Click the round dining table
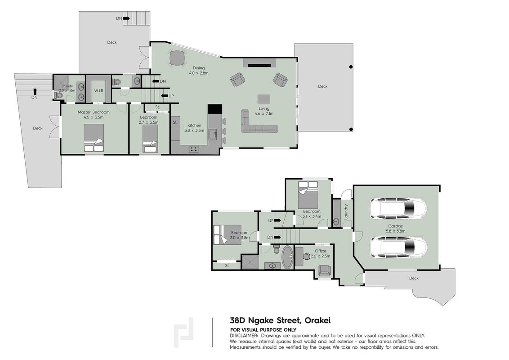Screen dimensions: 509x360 pos(177,58)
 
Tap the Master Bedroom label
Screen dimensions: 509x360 pos(94,112)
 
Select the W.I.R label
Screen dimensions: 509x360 pos(98,90)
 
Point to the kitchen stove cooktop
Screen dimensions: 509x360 pos(194,149)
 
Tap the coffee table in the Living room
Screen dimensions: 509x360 pos(263,99)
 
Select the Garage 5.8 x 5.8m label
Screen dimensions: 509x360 pos(395,229)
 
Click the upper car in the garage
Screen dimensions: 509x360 pos(398,208)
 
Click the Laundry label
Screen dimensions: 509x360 pos(346,211)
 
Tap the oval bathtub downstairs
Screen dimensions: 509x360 pos(287,257)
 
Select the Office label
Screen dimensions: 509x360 pos(321,251)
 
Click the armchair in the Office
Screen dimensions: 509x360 pos(324,270)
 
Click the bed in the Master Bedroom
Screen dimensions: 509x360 pos(94,138)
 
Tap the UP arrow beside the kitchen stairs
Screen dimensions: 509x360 pos(165,96)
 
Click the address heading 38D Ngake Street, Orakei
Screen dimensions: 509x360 pos(280,321)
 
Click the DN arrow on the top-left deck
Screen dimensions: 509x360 pos(126,18)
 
